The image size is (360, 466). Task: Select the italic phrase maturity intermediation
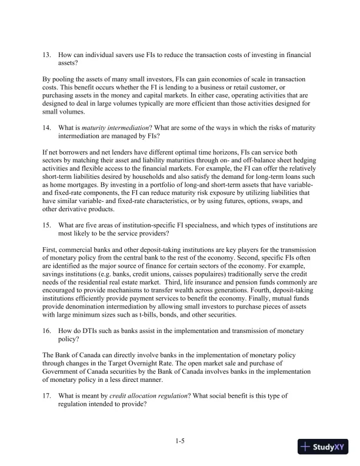pyautogui.click(x=110, y=128)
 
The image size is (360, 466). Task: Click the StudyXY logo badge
pyautogui.click(x=323, y=447)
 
